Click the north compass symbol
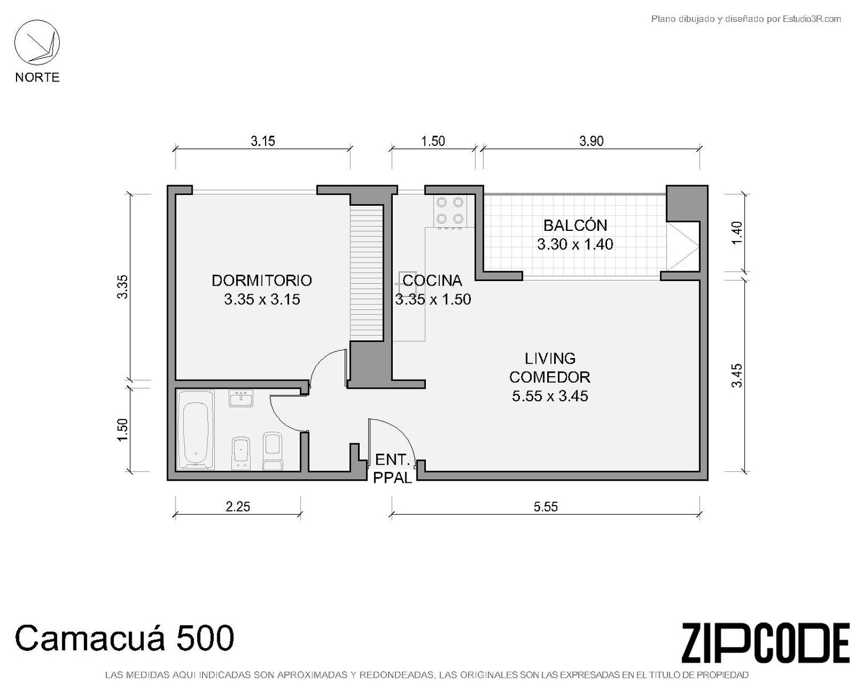pos(37,43)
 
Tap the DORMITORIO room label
pos(262,280)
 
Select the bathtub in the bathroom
pos(196,430)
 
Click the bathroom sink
pos(241,398)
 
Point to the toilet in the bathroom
pos(272,451)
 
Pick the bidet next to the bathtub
pos(241,453)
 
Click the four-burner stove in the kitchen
pos(450,211)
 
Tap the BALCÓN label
pos(575,225)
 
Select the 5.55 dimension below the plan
pos(545,507)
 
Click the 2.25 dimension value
pos(238,507)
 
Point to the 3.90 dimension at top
pos(591,141)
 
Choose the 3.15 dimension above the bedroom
pos(263,141)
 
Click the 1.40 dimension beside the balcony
pos(736,233)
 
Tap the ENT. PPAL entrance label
pos(393,469)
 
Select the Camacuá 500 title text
pos(124,637)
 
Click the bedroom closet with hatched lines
pos(366,272)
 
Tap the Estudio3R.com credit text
pos(811,19)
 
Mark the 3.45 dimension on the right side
pos(736,375)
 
